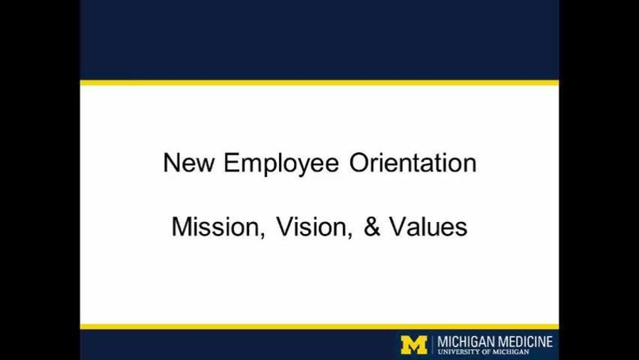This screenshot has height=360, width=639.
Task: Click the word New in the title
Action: (x=188, y=162)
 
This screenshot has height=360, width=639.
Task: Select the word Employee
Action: (x=281, y=164)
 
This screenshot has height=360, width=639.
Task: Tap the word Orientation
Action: (x=413, y=162)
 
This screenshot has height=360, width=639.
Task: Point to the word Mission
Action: (x=216, y=226)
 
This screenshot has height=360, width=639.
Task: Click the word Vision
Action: (x=312, y=226)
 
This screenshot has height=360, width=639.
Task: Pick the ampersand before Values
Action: (x=371, y=226)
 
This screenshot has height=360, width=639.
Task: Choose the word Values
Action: (x=428, y=226)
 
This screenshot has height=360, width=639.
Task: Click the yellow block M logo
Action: (x=414, y=345)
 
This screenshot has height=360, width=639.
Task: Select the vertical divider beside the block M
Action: (x=433, y=345)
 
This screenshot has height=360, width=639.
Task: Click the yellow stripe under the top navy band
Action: (x=319, y=83)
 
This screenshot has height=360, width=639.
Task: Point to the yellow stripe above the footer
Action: (x=319, y=327)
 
